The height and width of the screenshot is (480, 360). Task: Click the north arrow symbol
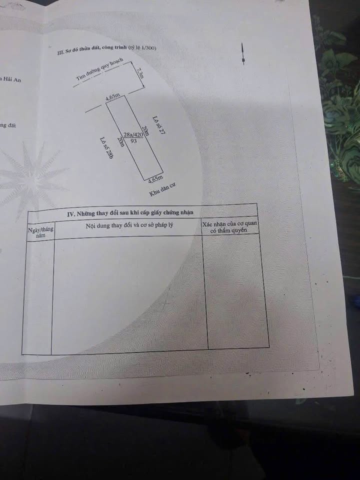(x=243, y=54)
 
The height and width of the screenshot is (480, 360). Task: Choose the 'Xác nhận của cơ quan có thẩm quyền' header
(x=230, y=227)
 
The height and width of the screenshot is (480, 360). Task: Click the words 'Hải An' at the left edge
(x=11, y=79)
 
